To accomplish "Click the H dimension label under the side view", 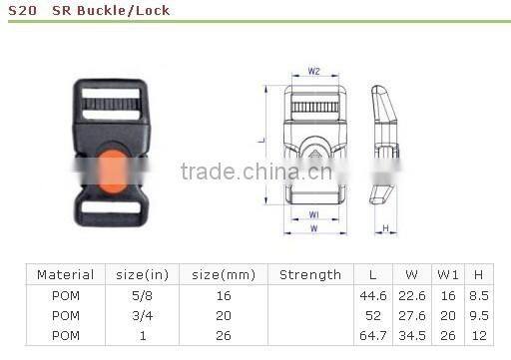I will pos(386,227).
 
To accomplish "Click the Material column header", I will pos(65,274).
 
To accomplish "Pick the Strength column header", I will pos(309,274).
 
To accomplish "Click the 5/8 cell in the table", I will pos(142,295).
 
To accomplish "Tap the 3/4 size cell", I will pos(142,314).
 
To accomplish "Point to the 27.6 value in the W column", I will pos(412,314).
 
